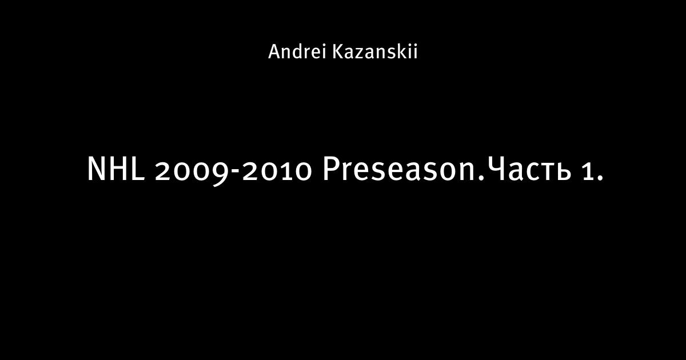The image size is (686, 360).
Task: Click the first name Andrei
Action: click(x=297, y=51)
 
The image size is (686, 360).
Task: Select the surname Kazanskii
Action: click(x=375, y=51)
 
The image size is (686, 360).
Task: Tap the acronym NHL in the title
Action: click(x=115, y=169)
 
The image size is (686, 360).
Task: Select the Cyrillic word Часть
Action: click(x=529, y=169)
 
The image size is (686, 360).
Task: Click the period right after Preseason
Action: click(x=481, y=178)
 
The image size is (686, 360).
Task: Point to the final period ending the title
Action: click(x=600, y=178)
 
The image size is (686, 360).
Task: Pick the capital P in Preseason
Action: click(x=331, y=169)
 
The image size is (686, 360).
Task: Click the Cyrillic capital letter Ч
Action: click(x=495, y=169)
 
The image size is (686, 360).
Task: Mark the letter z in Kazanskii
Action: click(x=359, y=54)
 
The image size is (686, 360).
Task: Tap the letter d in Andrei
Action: click(x=298, y=52)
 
